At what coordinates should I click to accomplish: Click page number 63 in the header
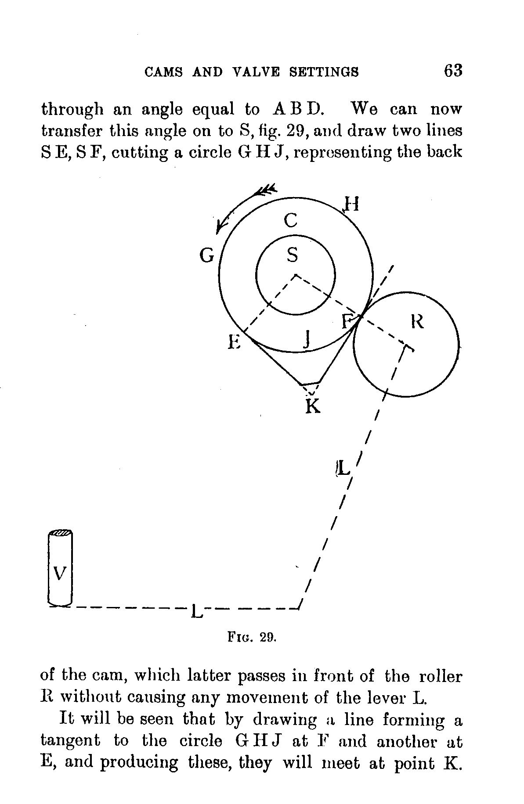[453, 71]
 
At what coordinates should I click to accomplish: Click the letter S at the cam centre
[293, 255]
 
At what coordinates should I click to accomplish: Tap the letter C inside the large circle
[290, 220]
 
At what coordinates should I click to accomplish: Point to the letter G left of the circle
[206, 255]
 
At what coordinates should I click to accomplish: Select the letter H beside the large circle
[351, 204]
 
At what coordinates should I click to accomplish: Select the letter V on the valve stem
[59, 573]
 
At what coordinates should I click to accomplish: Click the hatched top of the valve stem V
[60, 533]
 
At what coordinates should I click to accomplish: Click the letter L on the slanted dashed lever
[343, 469]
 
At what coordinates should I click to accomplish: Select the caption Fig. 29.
[252, 637]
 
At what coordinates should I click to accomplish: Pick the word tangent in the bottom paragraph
[70, 741]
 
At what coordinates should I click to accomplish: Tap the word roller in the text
[441, 676]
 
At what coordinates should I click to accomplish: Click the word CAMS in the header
[163, 72]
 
